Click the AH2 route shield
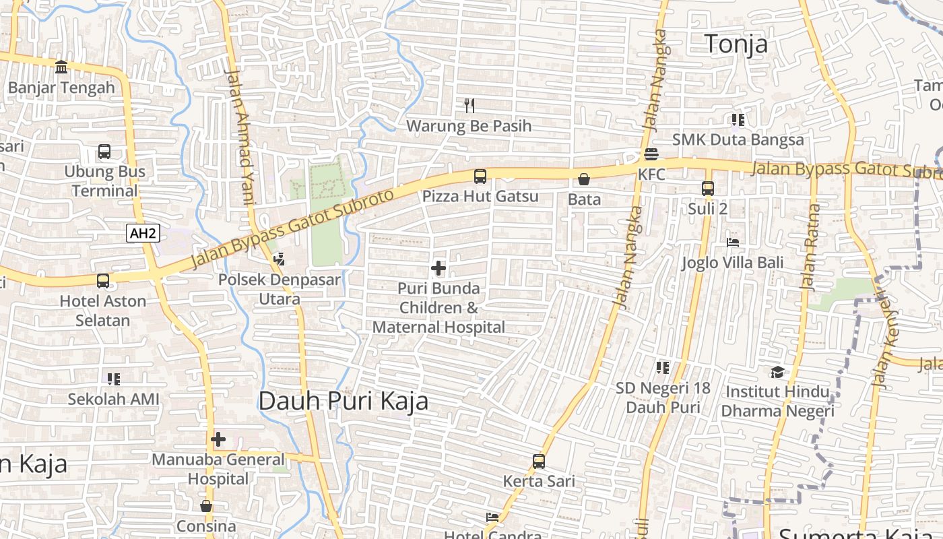(x=143, y=234)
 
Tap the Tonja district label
(x=736, y=44)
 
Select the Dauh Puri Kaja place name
(x=344, y=401)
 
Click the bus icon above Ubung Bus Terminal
(x=104, y=152)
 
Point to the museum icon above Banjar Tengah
(x=62, y=67)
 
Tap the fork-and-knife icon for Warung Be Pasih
(x=469, y=105)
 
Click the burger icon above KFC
(x=651, y=154)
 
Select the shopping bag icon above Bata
(x=584, y=179)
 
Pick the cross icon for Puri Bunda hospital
(x=438, y=268)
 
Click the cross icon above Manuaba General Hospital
(x=218, y=439)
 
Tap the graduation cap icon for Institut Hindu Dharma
(x=777, y=372)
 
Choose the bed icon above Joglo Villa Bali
(x=733, y=242)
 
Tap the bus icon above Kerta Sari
(x=539, y=462)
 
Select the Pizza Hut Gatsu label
(x=480, y=196)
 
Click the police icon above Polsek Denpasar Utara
(x=279, y=259)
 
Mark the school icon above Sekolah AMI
(x=113, y=379)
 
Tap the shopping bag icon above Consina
(x=206, y=506)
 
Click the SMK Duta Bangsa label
(x=738, y=139)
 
